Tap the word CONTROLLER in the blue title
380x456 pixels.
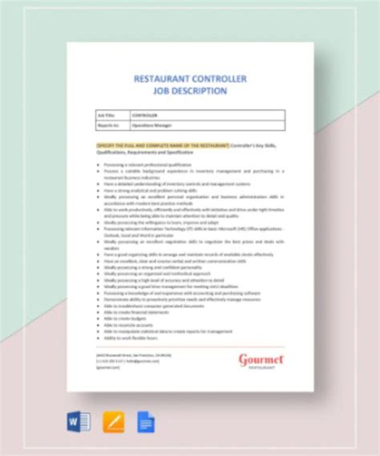click(219, 79)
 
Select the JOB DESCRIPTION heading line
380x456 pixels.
click(192, 91)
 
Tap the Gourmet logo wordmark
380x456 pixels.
click(261, 359)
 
